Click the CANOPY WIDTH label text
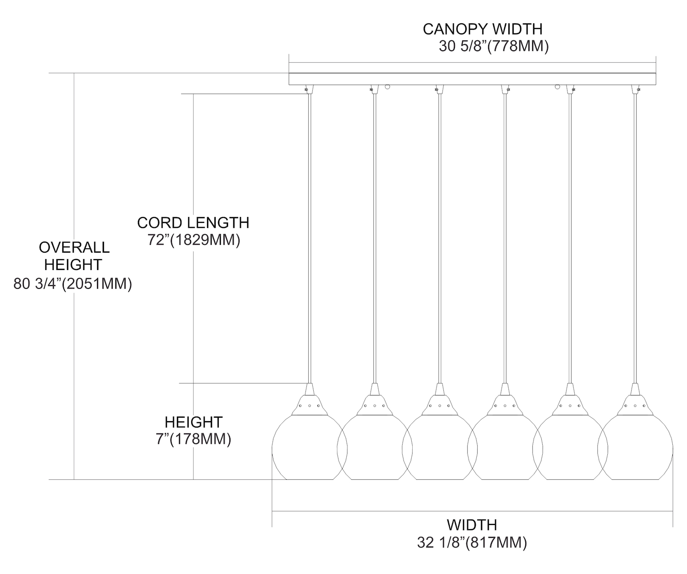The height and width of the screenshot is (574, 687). tap(482, 29)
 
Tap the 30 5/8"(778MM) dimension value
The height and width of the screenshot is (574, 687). tap(493, 47)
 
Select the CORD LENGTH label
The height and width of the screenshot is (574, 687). tap(193, 222)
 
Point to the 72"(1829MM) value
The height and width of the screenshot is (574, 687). tap(194, 240)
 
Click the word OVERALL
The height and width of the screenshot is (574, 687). tap(74, 247)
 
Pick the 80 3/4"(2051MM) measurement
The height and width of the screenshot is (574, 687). tap(73, 284)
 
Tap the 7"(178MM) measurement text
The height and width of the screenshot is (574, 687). tap(193, 439)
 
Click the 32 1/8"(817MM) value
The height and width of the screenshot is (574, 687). tap(472, 543)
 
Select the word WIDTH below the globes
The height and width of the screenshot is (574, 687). tap(472, 525)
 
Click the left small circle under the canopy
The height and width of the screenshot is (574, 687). tap(388, 86)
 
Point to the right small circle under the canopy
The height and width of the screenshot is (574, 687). tap(557, 86)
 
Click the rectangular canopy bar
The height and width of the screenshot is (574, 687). tap(472, 79)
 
